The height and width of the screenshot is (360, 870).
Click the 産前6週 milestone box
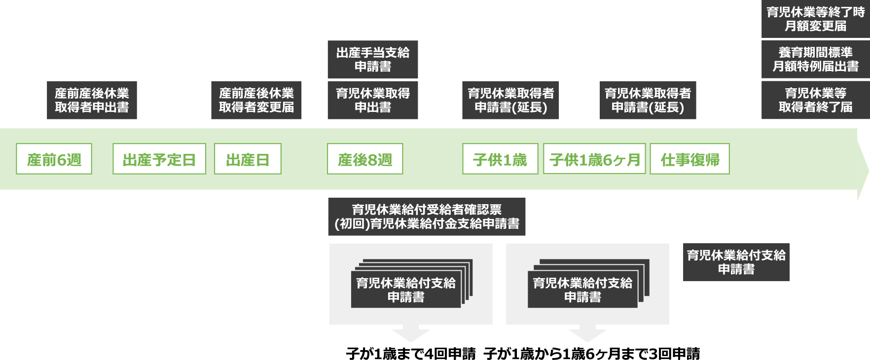(x=54, y=159)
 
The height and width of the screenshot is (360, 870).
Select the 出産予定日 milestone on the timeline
(x=159, y=159)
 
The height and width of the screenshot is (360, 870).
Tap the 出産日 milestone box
(x=248, y=159)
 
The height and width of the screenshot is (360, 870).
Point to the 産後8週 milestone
(x=365, y=159)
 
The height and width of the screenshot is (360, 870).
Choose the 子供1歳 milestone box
(x=500, y=159)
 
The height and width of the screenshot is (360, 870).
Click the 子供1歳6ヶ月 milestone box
(x=594, y=159)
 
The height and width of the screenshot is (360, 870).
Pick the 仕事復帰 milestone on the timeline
(x=689, y=159)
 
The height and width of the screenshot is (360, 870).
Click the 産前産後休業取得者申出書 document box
(x=92, y=100)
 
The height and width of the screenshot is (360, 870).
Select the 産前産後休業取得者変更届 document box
(x=256, y=100)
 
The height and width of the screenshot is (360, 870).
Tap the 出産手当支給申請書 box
(x=373, y=60)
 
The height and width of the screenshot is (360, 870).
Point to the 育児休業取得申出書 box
(x=373, y=100)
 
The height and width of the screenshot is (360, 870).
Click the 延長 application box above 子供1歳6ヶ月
(x=648, y=100)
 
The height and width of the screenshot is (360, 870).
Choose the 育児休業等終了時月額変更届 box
(x=815, y=19)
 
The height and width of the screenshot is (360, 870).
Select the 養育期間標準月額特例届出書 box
(x=815, y=60)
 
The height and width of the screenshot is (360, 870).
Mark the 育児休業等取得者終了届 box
(x=815, y=100)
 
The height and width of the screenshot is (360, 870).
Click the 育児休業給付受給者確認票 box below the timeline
(x=427, y=216)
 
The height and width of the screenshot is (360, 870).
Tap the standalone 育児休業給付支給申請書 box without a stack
(x=736, y=262)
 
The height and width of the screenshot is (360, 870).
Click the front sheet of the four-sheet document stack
(x=405, y=289)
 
